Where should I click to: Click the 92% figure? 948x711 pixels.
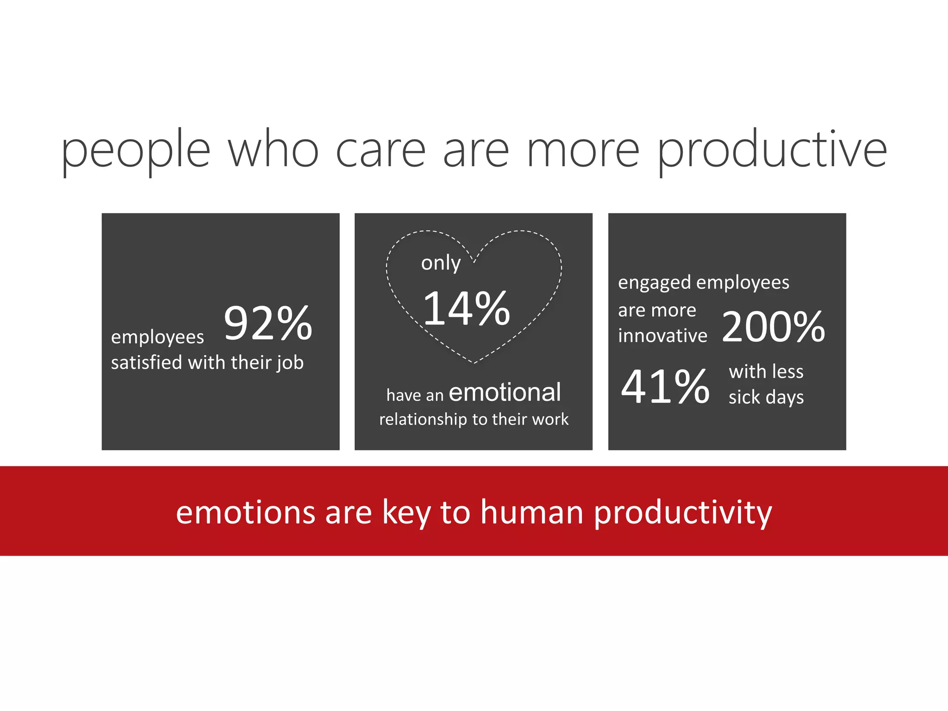click(x=268, y=323)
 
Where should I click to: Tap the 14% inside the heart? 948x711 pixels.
click(x=467, y=308)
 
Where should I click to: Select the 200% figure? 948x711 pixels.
click(x=773, y=327)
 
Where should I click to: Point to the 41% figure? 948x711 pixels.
click(x=665, y=386)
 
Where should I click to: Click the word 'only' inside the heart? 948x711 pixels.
click(x=441, y=263)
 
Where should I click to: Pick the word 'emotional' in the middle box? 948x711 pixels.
click(x=505, y=393)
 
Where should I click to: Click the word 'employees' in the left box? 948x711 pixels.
click(x=157, y=337)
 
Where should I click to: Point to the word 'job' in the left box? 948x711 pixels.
click(x=290, y=363)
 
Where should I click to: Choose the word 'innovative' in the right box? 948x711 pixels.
click(x=662, y=336)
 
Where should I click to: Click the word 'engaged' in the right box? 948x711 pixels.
click(x=654, y=283)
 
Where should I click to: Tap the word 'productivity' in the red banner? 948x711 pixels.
click(x=683, y=513)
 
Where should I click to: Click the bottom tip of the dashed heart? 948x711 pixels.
click(x=474, y=362)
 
